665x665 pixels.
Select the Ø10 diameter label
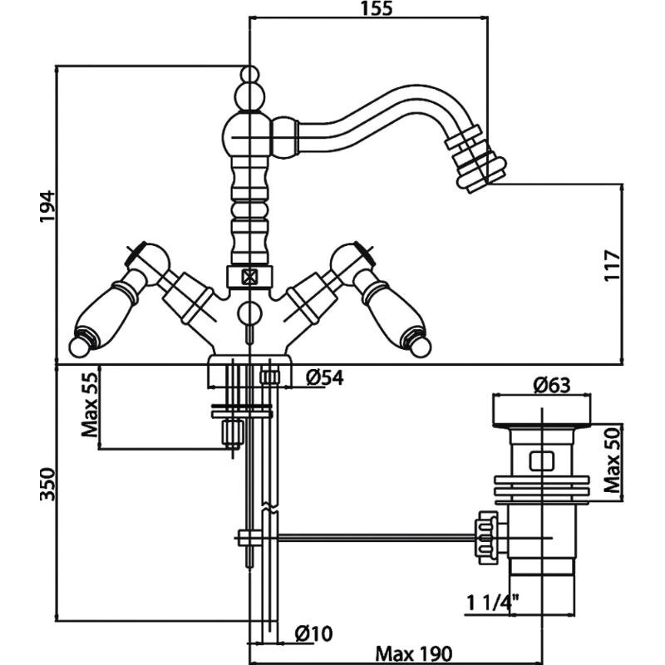(313, 634)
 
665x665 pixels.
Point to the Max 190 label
(406, 653)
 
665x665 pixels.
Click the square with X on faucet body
(248, 278)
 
